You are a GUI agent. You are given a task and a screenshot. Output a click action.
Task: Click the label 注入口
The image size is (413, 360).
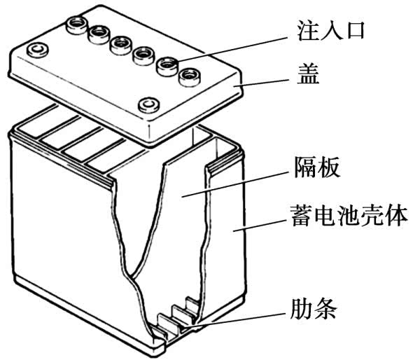point(331,31)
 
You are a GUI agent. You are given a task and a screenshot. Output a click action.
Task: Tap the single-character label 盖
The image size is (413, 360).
point(308,74)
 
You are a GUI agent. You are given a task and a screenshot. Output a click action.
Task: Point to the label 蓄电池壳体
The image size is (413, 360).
point(349,216)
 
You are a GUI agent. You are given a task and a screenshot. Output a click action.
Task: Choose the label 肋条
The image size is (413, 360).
point(314,309)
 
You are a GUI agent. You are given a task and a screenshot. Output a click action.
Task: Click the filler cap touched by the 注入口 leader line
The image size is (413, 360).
point(167,67)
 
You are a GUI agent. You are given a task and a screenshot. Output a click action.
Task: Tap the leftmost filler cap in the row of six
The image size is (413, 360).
point(76,25)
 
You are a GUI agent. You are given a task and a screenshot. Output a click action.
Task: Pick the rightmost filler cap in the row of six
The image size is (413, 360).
point(190,77)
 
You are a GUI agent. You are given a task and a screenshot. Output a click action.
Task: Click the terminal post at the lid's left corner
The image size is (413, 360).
point(38,50)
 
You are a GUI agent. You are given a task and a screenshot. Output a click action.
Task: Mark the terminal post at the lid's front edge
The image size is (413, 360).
point(149,105)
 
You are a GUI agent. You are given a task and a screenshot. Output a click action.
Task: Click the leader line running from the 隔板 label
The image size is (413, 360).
point(234,184)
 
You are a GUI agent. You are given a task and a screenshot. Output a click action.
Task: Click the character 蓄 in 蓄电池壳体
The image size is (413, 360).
point(301,216)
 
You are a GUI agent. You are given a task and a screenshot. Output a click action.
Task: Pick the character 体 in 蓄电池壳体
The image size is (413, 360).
point(396,216)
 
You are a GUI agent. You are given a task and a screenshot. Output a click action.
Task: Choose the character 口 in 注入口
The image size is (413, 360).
point(354,32)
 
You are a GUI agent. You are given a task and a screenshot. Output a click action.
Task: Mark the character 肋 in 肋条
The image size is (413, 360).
point(301,309)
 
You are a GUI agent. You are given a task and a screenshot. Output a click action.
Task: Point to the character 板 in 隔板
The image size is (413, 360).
point(329,167)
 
